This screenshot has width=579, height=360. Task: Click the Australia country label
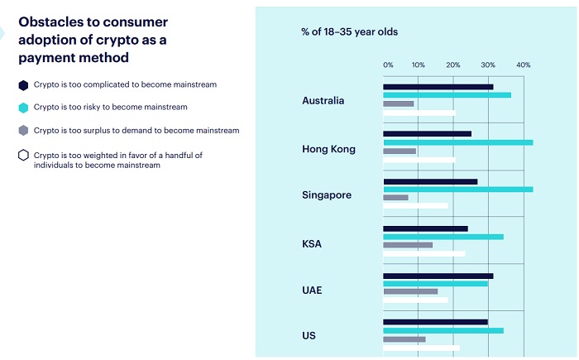tap(323, 101)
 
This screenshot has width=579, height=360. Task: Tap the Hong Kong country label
tap(328, 149)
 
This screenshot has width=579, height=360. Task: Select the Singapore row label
tap(327, 195)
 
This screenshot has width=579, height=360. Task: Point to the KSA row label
tap(312, 244)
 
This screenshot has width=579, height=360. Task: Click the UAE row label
tap(312, 290)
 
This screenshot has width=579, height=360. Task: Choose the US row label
tap(309, 336)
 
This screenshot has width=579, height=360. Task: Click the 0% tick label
tap(388, 65)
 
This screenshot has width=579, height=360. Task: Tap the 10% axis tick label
tap(419, 65)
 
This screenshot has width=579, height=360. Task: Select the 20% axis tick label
tap(453, 65)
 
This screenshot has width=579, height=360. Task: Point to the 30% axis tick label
tap(488, 65)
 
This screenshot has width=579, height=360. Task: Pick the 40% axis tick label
tap(523, 65)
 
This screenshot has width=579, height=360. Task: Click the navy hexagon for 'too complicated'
tap(23, 84)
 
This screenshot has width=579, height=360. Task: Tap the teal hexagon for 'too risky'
tap(23, 108)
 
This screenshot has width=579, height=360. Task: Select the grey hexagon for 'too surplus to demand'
tap(23, 131)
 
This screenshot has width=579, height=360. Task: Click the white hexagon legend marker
tap(23, 156)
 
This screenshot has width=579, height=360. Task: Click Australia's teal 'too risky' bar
tap(447, 95)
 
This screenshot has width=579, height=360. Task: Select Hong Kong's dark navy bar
tap(427, 133)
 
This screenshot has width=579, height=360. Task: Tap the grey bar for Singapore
tap(395, 197)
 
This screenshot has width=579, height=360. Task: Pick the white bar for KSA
tap(423, 253)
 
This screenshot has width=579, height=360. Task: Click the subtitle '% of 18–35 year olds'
tap(349, 32)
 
